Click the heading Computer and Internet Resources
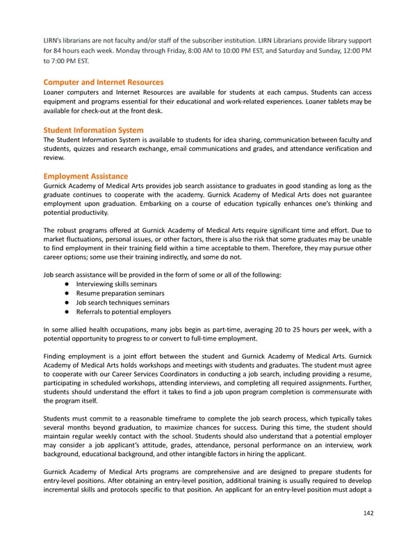click(x=103, y=82)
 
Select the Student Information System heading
click(x=93, y=130)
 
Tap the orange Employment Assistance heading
click(x=85, y=177)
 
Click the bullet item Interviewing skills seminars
click(x=116, y=284)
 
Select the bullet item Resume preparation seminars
click(x=116, y=293)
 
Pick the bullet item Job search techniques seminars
click(x=122, y=303)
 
